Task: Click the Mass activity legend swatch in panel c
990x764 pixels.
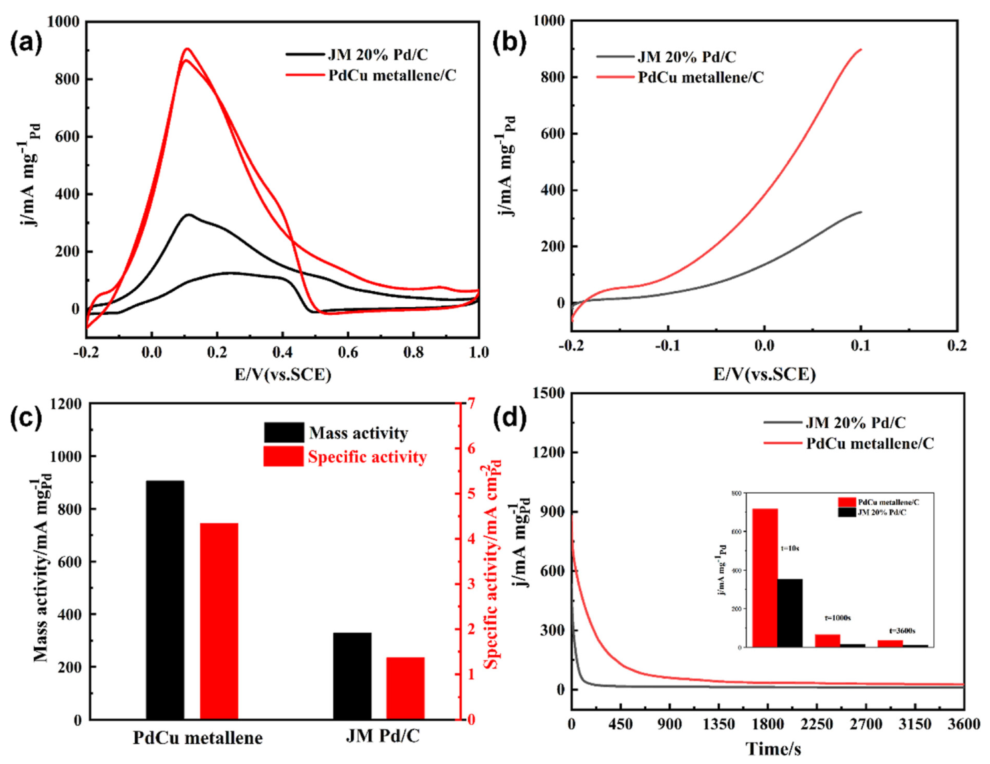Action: pos(284,433)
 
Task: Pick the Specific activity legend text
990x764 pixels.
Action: pos(367,457)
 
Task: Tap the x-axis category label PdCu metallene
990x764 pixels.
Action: pos(198,738)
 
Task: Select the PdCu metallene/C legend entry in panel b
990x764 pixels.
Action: pos(700,77)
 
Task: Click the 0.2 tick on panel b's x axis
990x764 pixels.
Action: pos(957,346)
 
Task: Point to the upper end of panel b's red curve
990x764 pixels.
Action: pos(860,49)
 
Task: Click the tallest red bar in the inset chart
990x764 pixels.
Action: pos(765,577)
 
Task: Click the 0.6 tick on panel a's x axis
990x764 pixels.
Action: pos(348,352)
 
